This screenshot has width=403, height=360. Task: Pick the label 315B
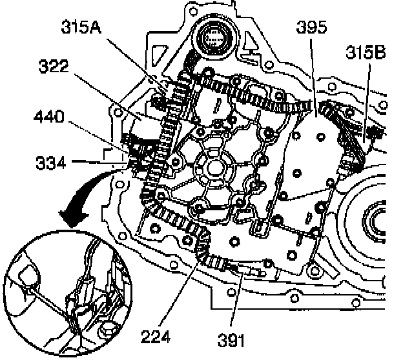pyautogui.click(x=365, y=52)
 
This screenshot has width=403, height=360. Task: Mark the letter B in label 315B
pyautogui.click(x=380, y=52)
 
